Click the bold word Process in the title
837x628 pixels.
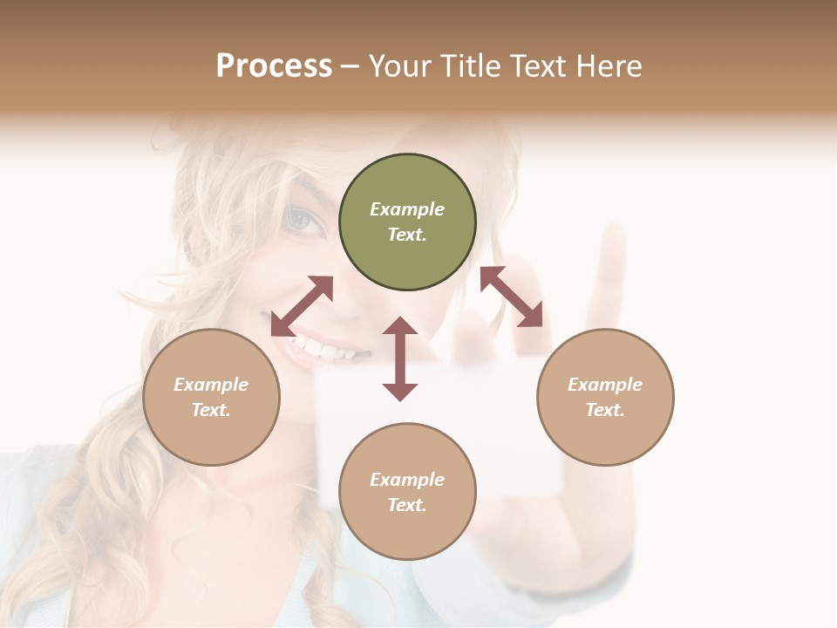(274, 66)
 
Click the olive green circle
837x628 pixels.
(407, 222)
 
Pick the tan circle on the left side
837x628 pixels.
(211, 397)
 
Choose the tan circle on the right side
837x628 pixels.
(605, 397)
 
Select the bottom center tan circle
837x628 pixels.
(407, 491)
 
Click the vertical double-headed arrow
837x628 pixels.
(400, 358)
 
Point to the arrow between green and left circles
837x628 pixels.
(302, 306)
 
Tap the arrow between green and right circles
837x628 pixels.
(511, 297)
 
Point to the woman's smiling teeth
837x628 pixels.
(327, 352)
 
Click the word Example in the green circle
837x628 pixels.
(407, 209)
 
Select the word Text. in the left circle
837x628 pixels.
(211, 410)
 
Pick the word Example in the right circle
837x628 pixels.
(605, 385)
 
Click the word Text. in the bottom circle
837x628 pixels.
(407, 505)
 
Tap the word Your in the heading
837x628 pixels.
(399, 66)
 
